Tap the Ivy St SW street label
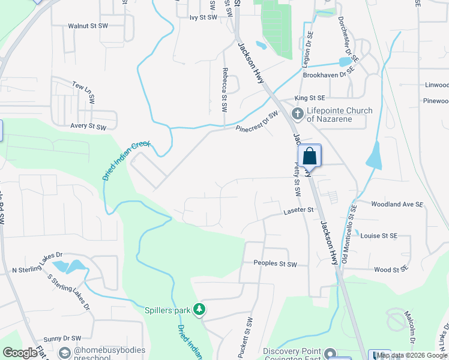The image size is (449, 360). [x=203, y=18]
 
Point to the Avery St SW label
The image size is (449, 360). [x=88, y=127]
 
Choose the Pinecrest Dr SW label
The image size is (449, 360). [x=258, y=121]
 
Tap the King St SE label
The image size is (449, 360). [x=310, y=98]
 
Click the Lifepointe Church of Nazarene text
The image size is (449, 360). [x=339, y=115]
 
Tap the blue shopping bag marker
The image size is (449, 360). [x=310, y=157]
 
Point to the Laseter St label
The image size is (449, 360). [x=299, y=211]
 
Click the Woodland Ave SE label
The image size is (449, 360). [x=397, y=205]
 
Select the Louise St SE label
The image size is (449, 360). [x=379, y=236]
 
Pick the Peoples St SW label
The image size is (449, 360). [x=275, y=264]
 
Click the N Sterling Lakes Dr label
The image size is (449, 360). [x=37, y=271]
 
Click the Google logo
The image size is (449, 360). [x=20, y=353]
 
